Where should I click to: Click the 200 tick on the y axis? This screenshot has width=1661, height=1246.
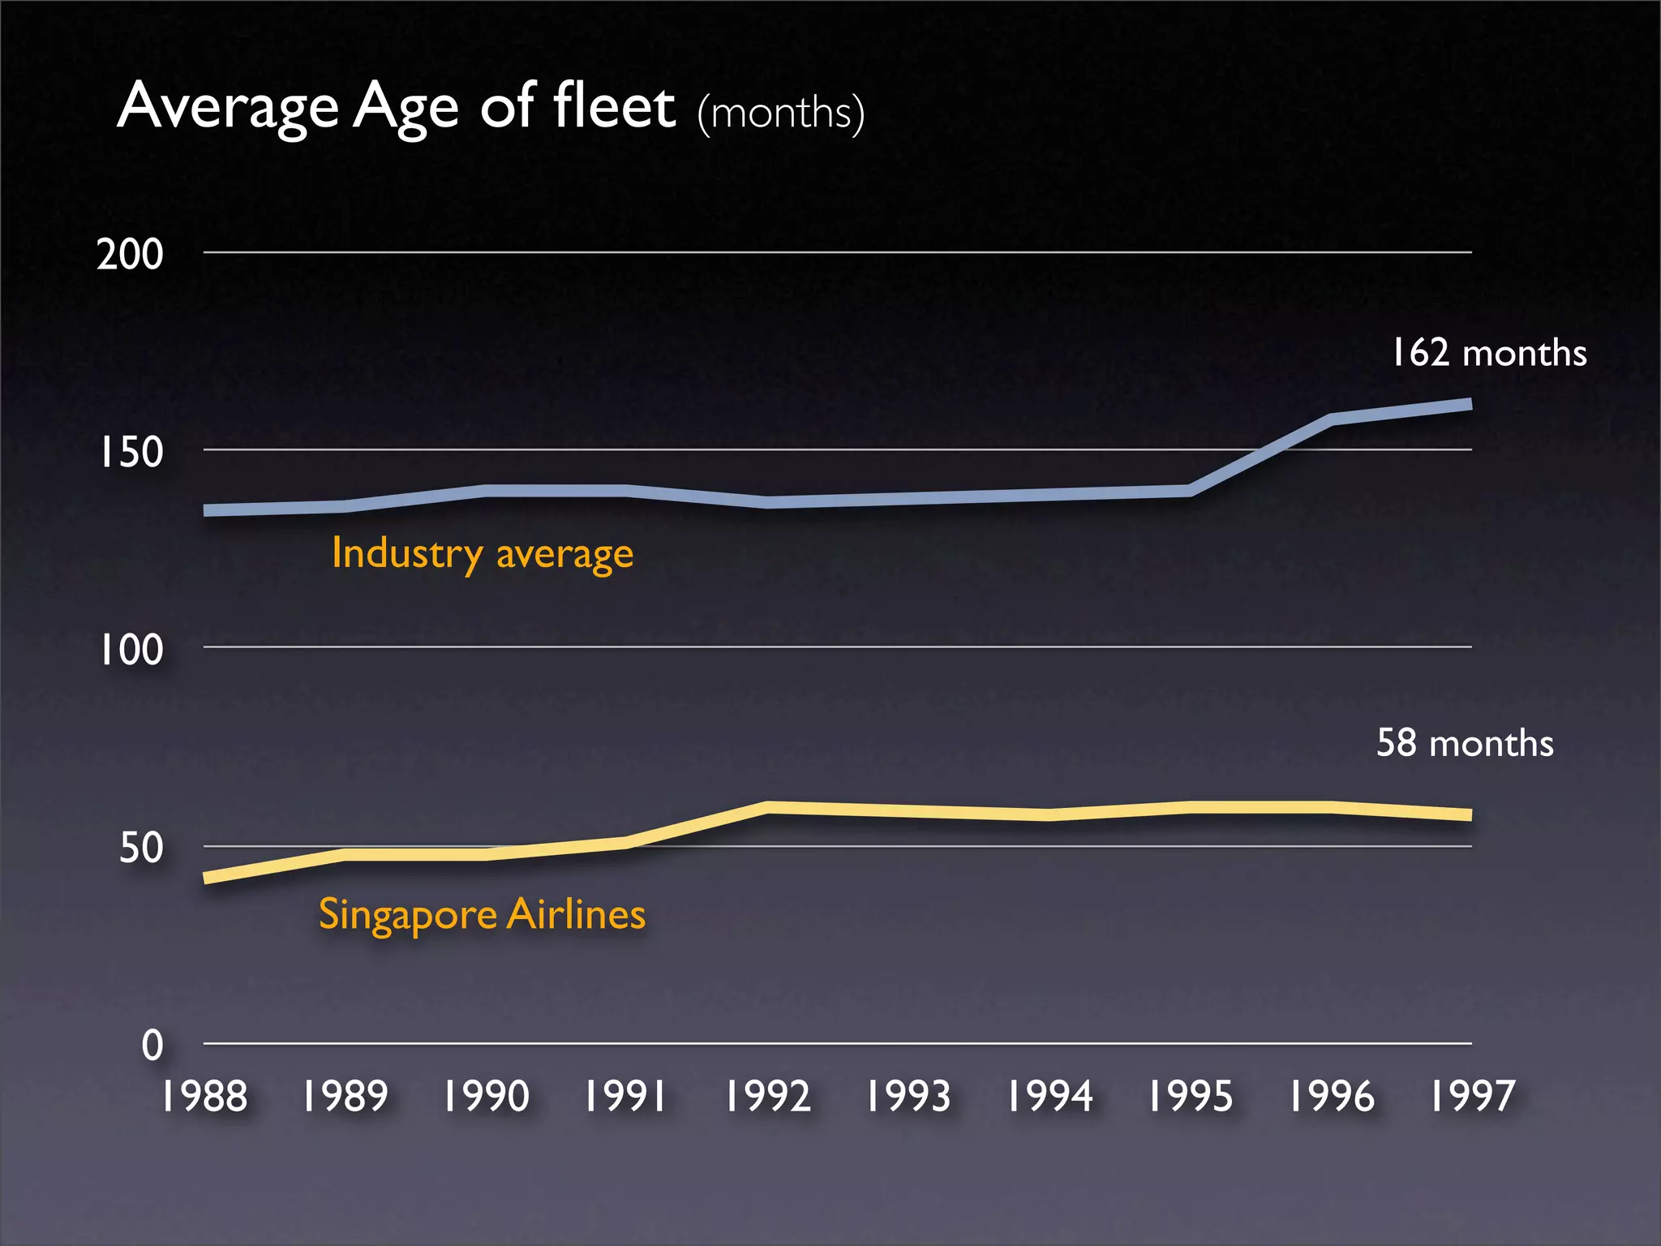click(x=130, y=254)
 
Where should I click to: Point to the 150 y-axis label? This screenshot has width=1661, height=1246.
click(x=130, y=452)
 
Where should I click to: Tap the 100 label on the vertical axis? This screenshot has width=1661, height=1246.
click(x=130, y=650)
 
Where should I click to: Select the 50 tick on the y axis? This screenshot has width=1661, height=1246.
click(x=140, y=848)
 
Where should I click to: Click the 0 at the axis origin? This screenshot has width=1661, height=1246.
click(x=152, y=1045)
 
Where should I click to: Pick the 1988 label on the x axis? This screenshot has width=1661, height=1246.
click(x=204, y=1096)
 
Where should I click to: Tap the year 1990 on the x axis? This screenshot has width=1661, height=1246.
click(x=485, y=1096)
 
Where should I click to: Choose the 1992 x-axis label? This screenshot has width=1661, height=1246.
click(x=766, y=1096)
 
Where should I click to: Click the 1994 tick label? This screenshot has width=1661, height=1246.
click(x=1049, y=1096)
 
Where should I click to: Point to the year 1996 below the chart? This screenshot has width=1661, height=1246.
click(x=1331, y=1096)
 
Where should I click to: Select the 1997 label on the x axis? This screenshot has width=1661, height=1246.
click(x=1471, y=1096)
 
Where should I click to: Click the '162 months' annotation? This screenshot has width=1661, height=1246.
click(x=1488, y=353)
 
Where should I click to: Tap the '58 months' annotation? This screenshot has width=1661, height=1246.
click(x=1465, y=742)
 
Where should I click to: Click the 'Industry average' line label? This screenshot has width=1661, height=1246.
click(x=483, y=554)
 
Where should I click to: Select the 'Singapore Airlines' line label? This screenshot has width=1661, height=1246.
click(x=482, y=915)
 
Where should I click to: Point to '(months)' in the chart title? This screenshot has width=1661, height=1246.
click(x=780, y=113)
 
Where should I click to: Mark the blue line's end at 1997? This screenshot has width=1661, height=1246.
click(x=1468, y=404)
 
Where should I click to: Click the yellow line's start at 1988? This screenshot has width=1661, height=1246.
click(x=206, y=877)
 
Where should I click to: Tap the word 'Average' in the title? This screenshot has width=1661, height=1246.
click(x=228, y=107)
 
